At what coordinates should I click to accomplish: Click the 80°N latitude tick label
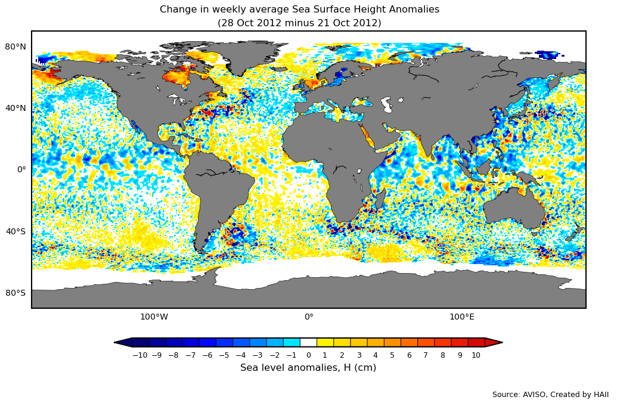tap(15, 46)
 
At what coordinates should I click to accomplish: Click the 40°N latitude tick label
tap(15, 108)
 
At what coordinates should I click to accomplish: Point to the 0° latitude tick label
tap(21, 169)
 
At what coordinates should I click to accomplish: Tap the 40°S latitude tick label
tap(15, 231)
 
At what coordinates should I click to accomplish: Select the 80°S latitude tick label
tap(15, 293)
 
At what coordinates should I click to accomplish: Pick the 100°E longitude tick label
tap(462, 317)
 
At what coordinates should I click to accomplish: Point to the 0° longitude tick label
tap(309, 317)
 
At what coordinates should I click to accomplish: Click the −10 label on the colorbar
tap(139, 355)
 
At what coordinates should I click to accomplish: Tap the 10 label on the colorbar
tap(476, 355)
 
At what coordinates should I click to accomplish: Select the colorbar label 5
tap(392, 355)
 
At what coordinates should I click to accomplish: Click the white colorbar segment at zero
tap(308, 342)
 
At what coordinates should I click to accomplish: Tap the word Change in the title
tap(178, 10)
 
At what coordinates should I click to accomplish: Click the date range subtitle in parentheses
tap(299, 23)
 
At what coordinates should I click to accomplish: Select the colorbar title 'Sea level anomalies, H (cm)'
tap(308, 368)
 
